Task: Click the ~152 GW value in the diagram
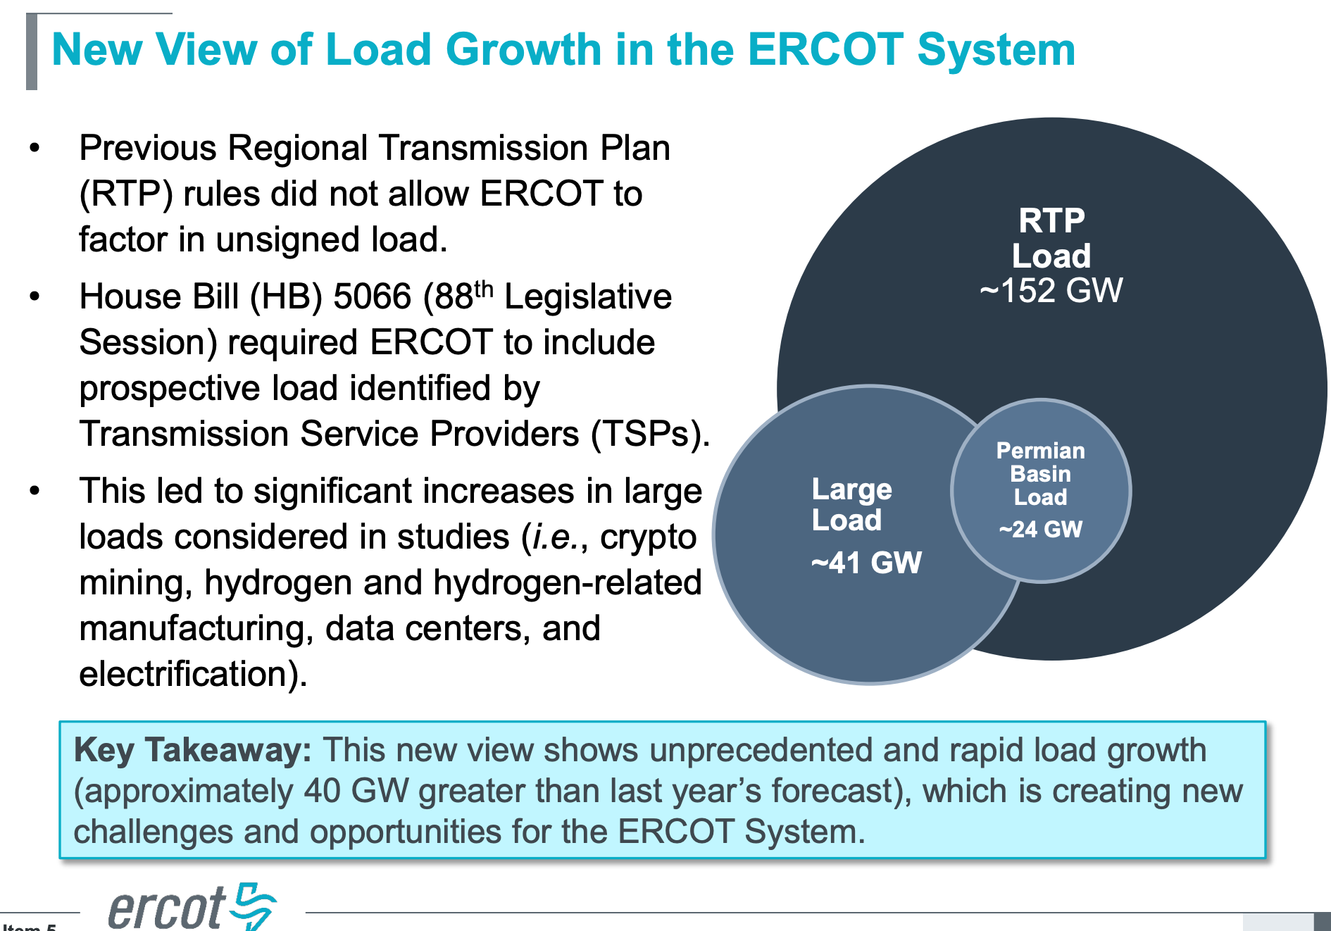[1051, 290]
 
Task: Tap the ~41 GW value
[866, 563]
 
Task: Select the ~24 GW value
[1040, 529]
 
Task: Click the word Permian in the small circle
[1040, 451]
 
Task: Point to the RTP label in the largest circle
[1051, 220]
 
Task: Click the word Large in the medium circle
[851, 489]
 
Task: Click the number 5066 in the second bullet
[371, 296]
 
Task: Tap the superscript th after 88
[484, 288]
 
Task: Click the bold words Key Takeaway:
[192, 750]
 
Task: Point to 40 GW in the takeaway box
[356, 791]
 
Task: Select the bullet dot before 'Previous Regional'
[35, 149]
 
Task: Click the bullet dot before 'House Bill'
[35, 297]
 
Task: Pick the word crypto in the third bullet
[648, 537]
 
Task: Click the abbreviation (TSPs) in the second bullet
[647, 434]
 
